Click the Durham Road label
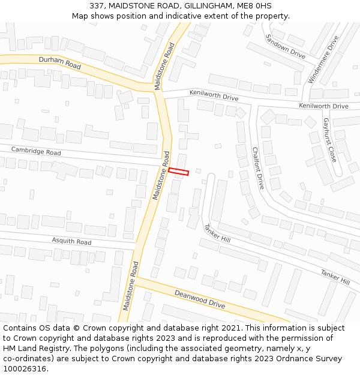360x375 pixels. pos(59,62)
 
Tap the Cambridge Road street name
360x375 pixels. pos(36,150)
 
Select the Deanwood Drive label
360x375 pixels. pos(200,299)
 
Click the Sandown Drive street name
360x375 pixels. pos(286,46)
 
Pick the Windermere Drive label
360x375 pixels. pos(323,59)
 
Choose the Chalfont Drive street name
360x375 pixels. pos(258,169)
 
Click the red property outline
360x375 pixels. pos(178,172)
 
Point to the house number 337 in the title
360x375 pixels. pos(98,6)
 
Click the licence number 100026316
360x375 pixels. pos(25,369)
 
